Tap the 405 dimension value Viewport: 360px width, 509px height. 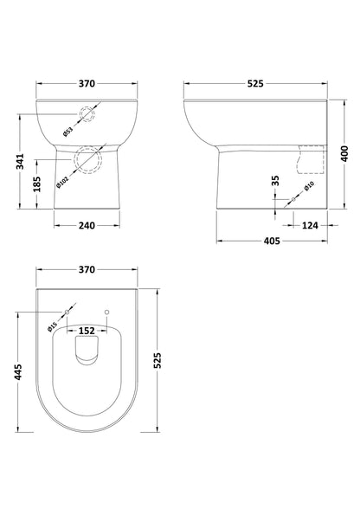pyautogui.click(x=269, y=243)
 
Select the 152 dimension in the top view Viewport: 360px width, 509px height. pyautogui.click(x=87, y=330)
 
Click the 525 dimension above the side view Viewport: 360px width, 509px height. pyautogui.click(x=253, y=84)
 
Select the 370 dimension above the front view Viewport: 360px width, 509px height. pyautogui.click(x=87, y=84)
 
